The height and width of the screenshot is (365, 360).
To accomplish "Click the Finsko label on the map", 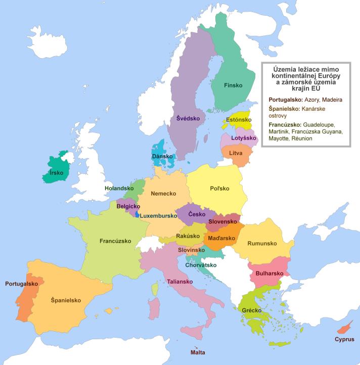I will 233,85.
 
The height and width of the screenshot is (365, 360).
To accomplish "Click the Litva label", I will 236,153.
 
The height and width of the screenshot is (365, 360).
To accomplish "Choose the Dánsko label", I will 163,157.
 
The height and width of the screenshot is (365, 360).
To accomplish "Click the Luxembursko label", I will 158,216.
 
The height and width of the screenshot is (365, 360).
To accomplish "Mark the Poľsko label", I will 219,189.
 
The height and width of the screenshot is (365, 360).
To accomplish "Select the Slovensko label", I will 222,221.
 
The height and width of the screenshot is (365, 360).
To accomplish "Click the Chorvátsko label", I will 201,265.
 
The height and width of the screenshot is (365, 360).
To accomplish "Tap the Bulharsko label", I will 268,273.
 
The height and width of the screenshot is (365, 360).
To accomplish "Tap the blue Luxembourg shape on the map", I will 136,215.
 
